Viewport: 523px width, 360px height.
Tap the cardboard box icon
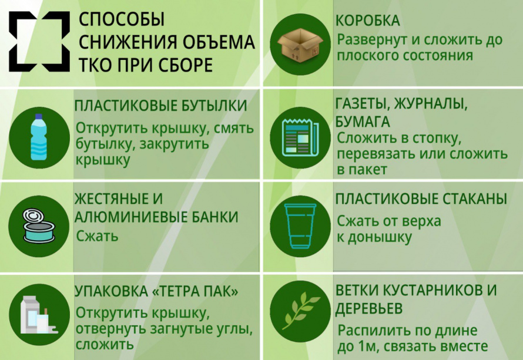(x=301, y=45)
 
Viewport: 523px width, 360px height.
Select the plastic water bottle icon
(x=39, y=137)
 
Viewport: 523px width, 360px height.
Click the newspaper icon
(x=300, y=137)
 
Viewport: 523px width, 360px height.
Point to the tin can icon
(x=39, y=226)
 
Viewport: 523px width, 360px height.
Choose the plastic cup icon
(x=300, y=226)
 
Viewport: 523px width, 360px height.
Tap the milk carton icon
(x=39, y=315)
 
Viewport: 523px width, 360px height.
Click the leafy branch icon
(x=300, y=311)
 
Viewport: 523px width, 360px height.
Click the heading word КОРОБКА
(x=367, y=21)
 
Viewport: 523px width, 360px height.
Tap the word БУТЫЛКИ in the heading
(x=214, y=106)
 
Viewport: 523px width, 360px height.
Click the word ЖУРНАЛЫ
(x=431, y=104)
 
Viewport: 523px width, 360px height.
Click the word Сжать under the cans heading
(x=97, y=236)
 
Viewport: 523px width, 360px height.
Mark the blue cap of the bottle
(x=39, y=117)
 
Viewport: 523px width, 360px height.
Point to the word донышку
(x=380, y=238)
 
